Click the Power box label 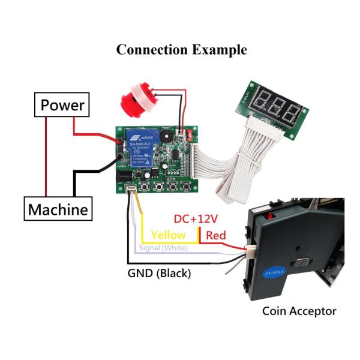pyautogui.click(x=62, y=106)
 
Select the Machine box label pyautogui.click(x=58, y=209)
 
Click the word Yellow pyautogui.click(x=168, y=235)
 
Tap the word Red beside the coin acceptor pyautogui.click(x=216, y=235)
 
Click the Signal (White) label pyautogui.click(x=163, y=247)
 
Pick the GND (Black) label pyautogui.click(x=160, y=273)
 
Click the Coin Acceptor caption pyautogui.click(x=299, y=311)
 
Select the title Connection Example pyautogui.click(x=181, y=49)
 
